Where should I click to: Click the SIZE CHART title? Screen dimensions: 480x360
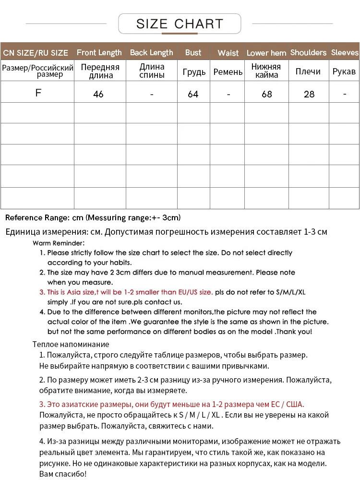tap(180, 24)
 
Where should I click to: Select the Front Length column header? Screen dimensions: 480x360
tap(99, 52)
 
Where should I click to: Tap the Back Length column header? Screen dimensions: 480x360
tap(151, 52)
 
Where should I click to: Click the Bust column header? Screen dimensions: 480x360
tap(193, 52)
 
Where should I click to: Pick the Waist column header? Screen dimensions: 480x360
tap(228, 53)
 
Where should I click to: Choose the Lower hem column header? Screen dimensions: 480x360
tap(266, 53)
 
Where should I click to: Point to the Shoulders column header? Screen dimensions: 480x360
tap(308, 52)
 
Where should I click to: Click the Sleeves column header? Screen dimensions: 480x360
tap(345, 52)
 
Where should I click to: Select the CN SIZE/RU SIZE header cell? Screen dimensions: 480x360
tap(36, 53)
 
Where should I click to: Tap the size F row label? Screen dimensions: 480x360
tap(38, 93)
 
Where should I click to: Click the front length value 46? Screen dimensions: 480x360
tap(98, 94)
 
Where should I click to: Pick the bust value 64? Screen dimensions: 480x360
tap(193, 94)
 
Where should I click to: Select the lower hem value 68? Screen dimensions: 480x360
tap(267, 94)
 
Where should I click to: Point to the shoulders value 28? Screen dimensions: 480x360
tap(309, 94)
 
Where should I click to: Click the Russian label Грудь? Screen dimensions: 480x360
tap(194, 72)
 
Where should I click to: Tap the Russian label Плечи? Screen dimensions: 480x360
tap(308, 71)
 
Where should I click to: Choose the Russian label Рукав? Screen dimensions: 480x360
tap(344, 71)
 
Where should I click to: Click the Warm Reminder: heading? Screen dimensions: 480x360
tap(59, 243)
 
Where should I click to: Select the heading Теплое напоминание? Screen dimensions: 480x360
tap(71, 344)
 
